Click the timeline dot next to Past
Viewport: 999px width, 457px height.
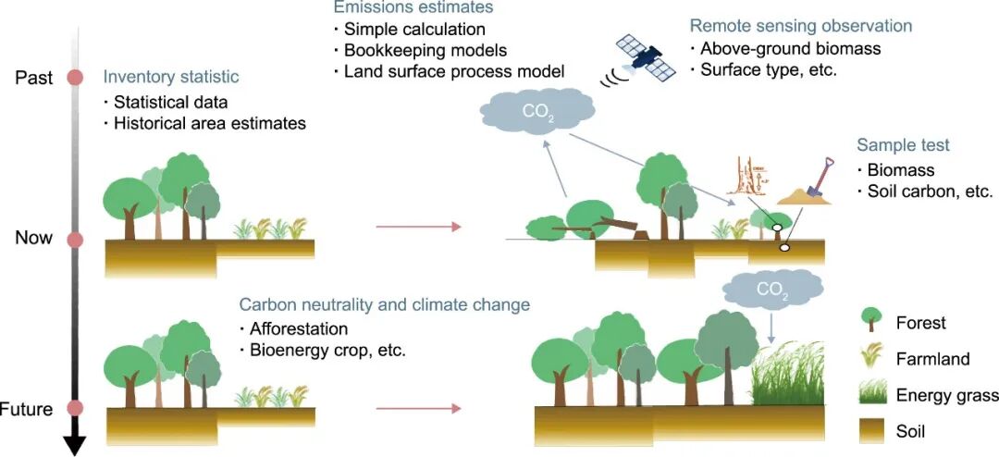(76, 79)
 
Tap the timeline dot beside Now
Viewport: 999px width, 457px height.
(76, 240)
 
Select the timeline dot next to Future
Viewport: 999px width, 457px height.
(76, 408)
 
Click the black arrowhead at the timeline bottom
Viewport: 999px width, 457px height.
(76, 445)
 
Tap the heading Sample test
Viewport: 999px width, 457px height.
(903, 145)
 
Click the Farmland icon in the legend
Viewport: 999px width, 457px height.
(869, 358)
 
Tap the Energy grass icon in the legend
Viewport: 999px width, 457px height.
(869, 395)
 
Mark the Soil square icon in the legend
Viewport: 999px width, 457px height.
(869, 430)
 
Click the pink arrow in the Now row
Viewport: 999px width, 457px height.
(416, 227)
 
